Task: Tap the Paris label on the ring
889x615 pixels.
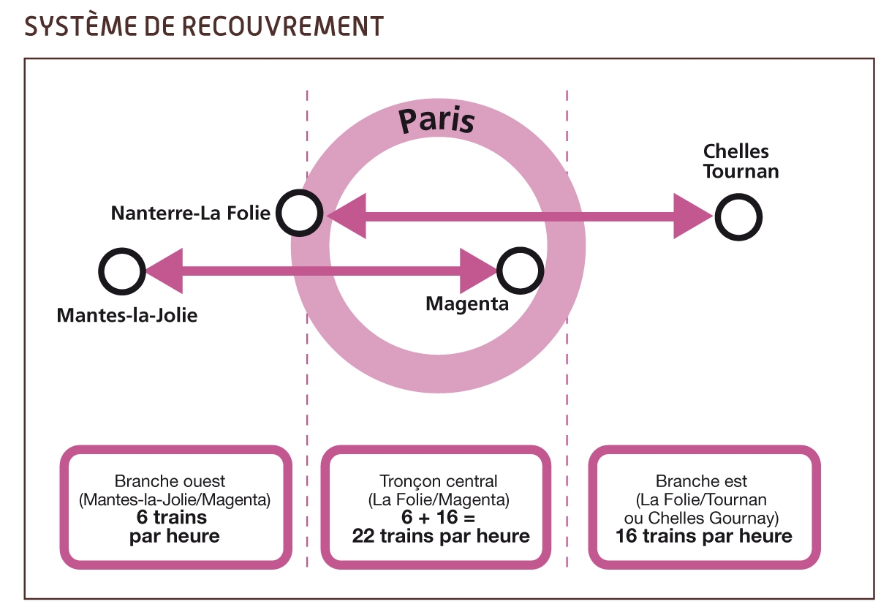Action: (x=436, y=120)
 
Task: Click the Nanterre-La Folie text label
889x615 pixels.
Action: (x=191, y=214)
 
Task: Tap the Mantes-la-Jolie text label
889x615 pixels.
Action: (x=127, y=315)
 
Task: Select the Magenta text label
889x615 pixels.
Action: (x=467, y=304)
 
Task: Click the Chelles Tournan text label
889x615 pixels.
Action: (x=741, y=161)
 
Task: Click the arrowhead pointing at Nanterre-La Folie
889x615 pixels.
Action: (x=346, y=216)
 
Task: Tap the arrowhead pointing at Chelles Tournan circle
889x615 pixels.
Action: (x=693, y=216)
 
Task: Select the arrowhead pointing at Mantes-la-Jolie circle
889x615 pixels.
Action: (x=164, y=271)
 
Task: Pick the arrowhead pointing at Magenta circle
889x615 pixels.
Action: (x=478, y=271)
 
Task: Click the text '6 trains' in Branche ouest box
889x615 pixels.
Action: (x=172, y=517)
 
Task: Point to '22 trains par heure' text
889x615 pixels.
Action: (x=441, y=536)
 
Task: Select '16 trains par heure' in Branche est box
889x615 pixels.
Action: (x=704, y=536)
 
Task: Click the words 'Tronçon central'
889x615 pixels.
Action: (x=438, y=482)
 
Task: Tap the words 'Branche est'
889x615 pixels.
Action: (x=701, y=481)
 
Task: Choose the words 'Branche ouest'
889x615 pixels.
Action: (x=170, y=481)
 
